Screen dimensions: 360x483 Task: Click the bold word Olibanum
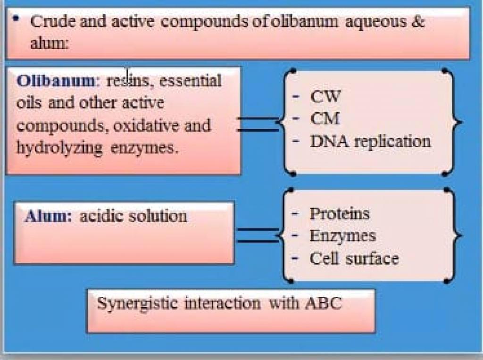point(56,81)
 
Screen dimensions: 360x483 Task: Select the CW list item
point(325,97)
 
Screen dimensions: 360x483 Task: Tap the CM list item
point(325,118)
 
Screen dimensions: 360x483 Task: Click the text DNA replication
point(370,141)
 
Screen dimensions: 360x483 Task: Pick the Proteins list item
point(340,214)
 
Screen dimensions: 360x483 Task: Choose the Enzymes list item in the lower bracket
point(342,236)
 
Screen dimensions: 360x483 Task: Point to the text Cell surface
point(354,258)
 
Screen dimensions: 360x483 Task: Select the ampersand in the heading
point(418,22)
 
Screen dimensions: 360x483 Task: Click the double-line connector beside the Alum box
point(258,236)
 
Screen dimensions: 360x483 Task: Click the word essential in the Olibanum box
point(190,81)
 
